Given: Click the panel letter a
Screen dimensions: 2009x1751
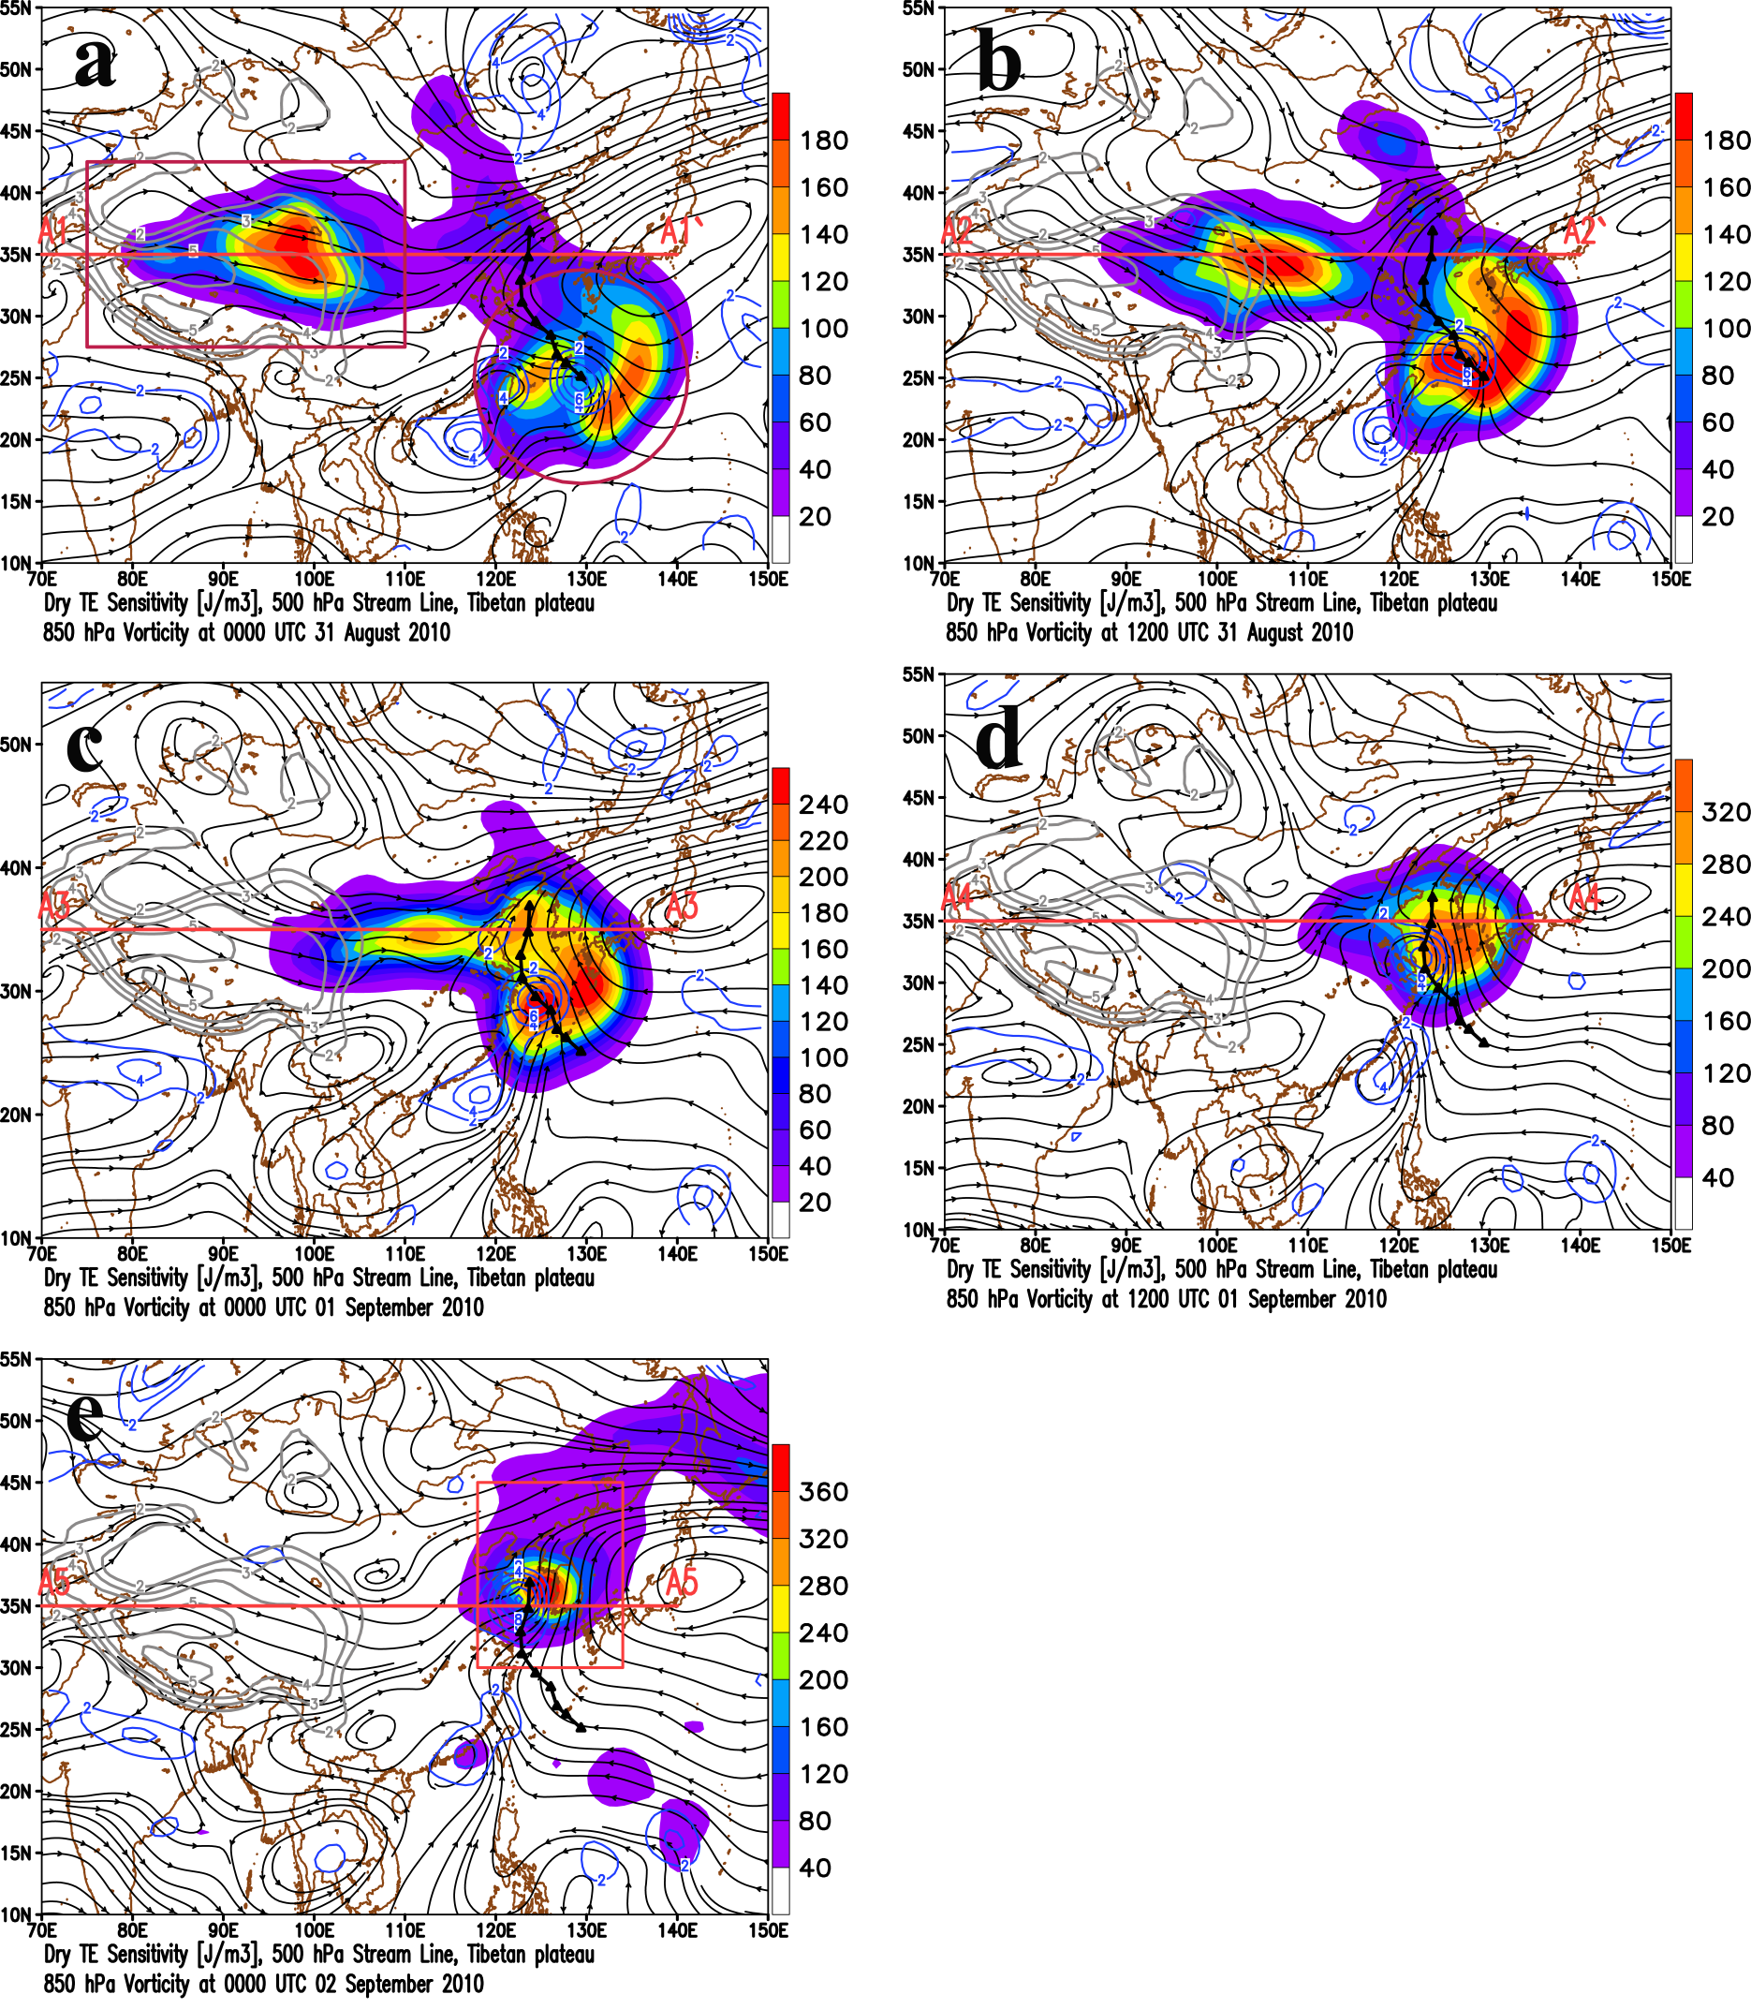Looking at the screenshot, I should coord(95,65).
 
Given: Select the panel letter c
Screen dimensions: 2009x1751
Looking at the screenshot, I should coord(85,746).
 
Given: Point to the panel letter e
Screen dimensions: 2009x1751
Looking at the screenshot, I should coord(85,1417).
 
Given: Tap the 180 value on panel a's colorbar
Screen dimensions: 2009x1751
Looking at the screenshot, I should coord(824,140).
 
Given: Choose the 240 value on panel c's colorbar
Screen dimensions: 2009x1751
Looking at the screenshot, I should coord(824,805).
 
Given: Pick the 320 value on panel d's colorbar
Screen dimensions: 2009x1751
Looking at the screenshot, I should coord(1726,812).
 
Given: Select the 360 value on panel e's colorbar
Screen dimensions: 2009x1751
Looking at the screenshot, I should coord(824,1492).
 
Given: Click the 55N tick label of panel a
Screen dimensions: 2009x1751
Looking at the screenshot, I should coord(17,8).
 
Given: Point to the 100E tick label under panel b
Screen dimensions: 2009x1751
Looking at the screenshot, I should coord(1216,579).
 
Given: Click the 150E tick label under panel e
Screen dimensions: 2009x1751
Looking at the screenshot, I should coord(768,1931).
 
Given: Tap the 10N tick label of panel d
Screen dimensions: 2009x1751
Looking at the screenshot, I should coord(920,1229).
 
